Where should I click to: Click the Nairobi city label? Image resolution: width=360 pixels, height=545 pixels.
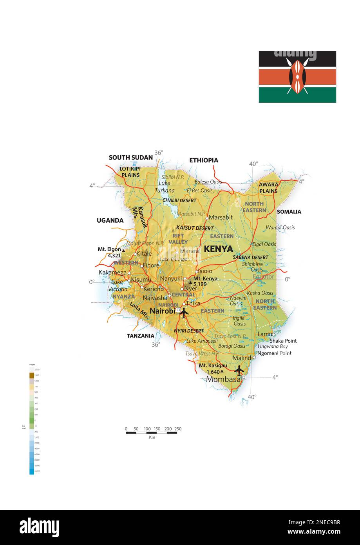tap(162, 311)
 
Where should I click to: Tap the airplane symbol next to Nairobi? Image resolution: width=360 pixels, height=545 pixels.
tap(183, 312)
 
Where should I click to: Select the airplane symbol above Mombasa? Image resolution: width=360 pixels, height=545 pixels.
tap(239, 370)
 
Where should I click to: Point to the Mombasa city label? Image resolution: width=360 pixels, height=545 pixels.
tap(223, 379)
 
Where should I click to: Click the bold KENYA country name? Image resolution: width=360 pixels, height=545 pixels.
tap(218, 249)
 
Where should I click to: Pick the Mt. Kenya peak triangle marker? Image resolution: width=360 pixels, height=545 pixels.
tap(191, 282)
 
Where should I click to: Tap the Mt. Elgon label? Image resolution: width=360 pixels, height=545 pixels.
tap(109, 249)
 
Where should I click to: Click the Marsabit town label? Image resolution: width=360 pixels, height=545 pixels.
tap(221, 217)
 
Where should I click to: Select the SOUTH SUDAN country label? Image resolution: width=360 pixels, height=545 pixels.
tap(130, 158)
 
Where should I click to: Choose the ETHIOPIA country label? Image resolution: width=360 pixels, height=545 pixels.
tap(204, 160)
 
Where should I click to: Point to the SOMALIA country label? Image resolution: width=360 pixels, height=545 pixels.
tap(289, 212)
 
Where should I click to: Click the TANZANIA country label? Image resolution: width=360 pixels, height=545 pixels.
tap(141, 336)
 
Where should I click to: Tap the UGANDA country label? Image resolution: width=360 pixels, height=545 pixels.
tap(110, 221)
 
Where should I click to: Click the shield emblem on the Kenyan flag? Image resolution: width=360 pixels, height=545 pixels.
tap(297, 76)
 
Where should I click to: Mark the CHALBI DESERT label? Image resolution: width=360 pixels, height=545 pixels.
tap(179, 200)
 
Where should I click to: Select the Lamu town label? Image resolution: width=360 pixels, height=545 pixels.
tap(265, 334)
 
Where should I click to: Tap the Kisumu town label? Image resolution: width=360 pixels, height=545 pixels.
tap(141, 280)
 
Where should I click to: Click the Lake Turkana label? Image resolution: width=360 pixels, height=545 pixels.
tap(165, 187)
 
